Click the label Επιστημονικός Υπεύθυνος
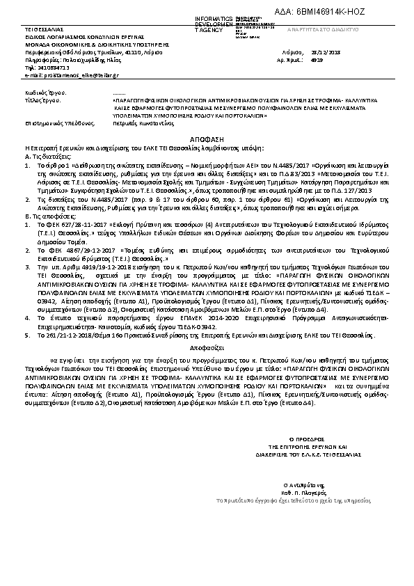click(x=54, y=122)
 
